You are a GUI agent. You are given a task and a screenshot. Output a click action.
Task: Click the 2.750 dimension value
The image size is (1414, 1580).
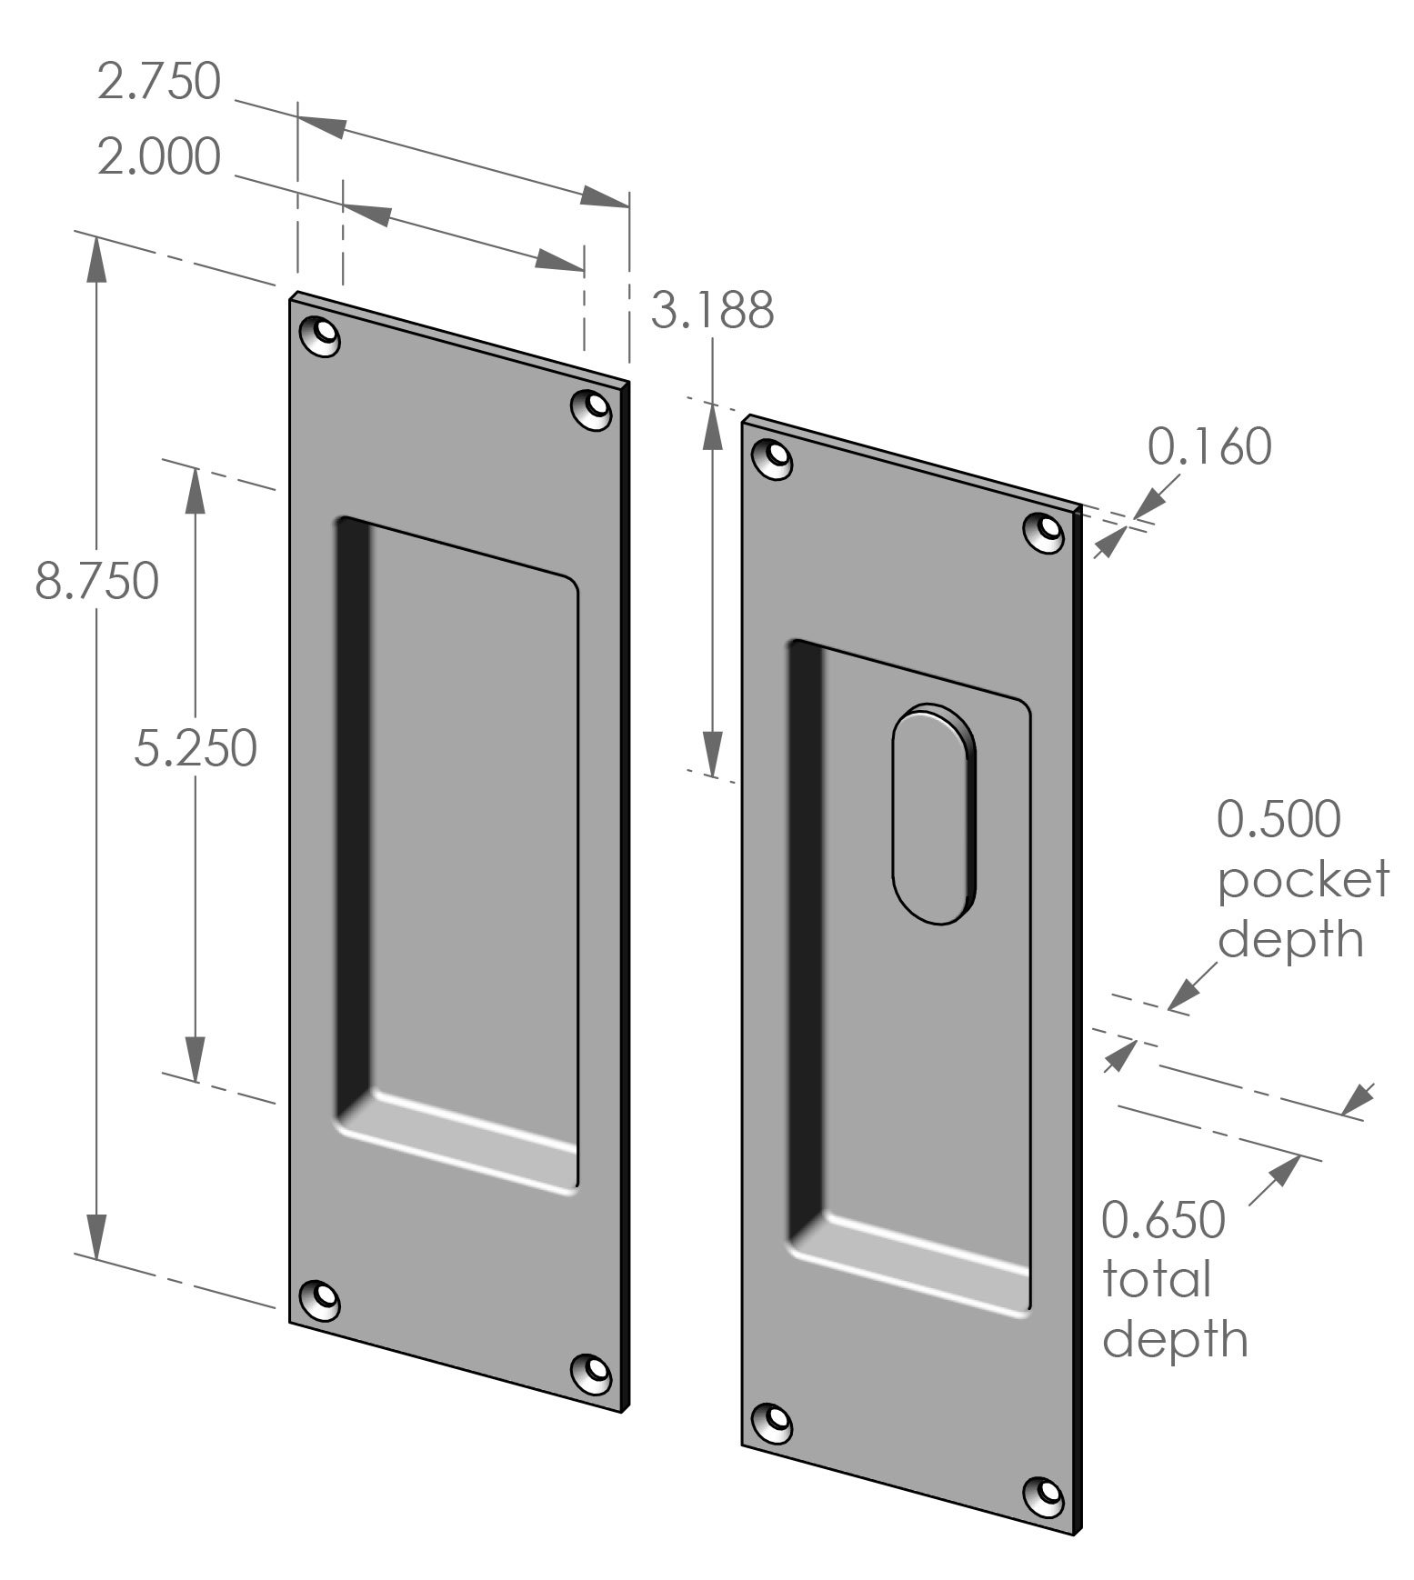pyautogui.click(x=159, y=81)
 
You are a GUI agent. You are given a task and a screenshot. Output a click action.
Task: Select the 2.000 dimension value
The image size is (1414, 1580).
pyautogui.click(x=159, y=156)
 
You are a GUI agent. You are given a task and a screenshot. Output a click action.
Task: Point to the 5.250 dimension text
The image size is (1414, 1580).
pyautogui.click(x=196, y=748)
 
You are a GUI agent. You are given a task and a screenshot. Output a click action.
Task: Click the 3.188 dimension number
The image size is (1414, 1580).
pyautogui.click(x=712, y=310)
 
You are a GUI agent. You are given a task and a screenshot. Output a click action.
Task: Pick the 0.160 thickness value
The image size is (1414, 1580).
pyautogui.click(x=1208, y=446)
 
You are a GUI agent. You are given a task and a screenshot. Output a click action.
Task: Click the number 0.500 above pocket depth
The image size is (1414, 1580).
pyautogui.click(x=1278, y=818)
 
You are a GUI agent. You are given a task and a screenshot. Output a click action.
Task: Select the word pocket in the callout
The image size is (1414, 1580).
pyautogui.click(x=1303, y=879)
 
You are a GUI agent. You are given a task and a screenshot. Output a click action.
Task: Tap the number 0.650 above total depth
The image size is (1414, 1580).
pyautogui.click(x=1163, y=1220)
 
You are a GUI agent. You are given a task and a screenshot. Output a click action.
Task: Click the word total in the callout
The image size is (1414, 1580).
pyautogui.click(x=1157, y=1280)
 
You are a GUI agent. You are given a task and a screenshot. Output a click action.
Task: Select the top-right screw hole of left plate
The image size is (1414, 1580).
pyautogui.click(x=592, y=408)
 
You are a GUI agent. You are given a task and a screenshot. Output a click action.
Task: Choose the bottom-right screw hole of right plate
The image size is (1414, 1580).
pyautogui.click(x=1045, y=1495)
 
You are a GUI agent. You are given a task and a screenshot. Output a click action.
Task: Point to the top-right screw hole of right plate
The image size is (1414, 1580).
pyautogui.click(x=1045, y=532)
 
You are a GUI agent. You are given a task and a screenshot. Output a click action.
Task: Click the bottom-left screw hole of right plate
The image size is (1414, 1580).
pyautogui.click(x=774, y=1423)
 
